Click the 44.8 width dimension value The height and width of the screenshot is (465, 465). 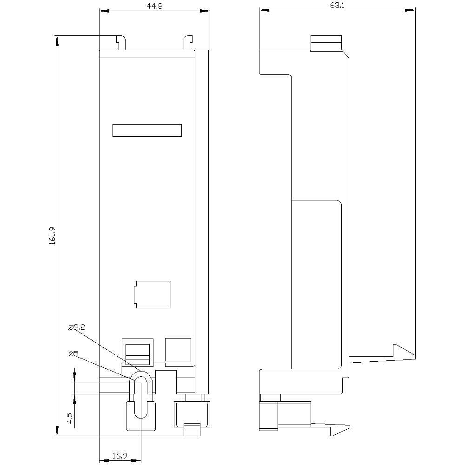pos(154,6)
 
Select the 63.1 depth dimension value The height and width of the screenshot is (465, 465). pos(337,5)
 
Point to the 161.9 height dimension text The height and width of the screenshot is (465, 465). pos(53,236)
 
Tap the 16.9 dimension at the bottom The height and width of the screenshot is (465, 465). pos(120,456)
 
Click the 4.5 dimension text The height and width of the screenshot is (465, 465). pos(70,418)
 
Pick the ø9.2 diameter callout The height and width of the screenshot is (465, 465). pos(77,327)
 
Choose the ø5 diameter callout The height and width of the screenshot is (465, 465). pos(73,353)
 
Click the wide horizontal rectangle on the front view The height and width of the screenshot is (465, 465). pos(147,131)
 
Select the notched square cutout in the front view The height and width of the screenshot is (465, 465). pos(153,294)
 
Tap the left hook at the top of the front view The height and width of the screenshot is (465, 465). pos(121,42)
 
